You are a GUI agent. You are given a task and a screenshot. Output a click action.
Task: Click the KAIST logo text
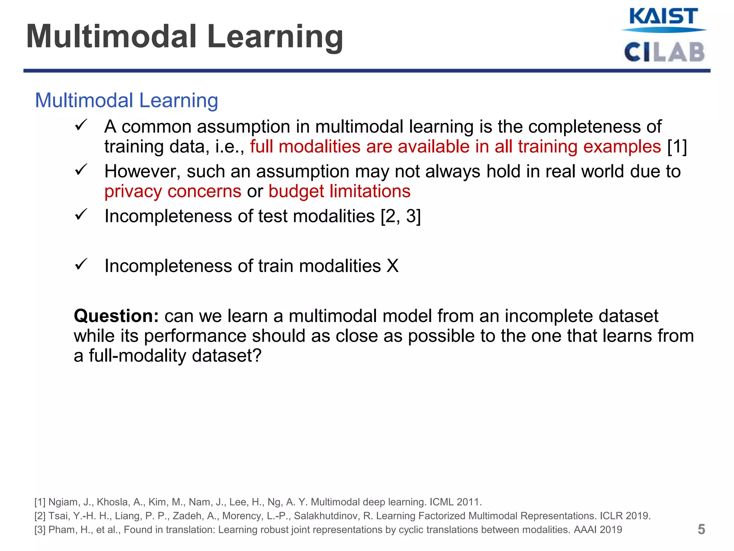click(663, 17)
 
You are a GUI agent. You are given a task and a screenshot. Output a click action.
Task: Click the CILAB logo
click(664, 52)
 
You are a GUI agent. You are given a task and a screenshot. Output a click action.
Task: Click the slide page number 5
click(701, 529)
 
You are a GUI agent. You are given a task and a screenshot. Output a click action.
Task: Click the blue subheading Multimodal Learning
click(126, 100)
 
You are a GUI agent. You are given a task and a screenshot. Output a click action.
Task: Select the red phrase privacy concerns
click(173, 191)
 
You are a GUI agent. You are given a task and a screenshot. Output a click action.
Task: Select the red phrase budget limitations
click(339, 191)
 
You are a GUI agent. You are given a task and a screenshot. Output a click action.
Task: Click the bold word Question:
click(116, 316)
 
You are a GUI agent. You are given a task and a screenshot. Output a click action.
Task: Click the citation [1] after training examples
click(677, 147)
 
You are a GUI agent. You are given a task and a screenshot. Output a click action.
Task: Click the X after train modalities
click(393, 266)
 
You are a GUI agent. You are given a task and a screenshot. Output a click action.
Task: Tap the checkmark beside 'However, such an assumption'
click(81, 170)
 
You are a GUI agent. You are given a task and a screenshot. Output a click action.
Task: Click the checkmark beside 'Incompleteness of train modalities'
click(81, 265)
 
